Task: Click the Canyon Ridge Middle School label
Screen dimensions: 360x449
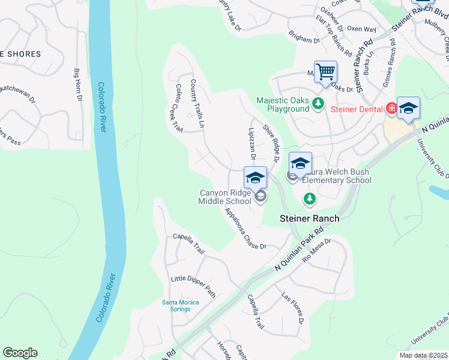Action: (225, 197)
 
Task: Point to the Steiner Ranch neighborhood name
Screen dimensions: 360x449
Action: (309, 219)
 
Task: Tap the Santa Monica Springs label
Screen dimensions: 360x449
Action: (180, 305)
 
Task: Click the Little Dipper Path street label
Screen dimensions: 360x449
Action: (193, 287)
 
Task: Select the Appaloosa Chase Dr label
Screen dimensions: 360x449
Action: (246, 230)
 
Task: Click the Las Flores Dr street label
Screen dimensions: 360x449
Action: (293, 308)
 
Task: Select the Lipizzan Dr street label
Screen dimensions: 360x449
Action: (253, 144)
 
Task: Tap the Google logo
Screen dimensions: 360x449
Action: (20, 353)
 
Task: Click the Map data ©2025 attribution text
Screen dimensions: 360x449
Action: (423, 355)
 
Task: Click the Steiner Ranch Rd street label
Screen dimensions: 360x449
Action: (365, 66)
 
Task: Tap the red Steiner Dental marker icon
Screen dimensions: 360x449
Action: (391, 109)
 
